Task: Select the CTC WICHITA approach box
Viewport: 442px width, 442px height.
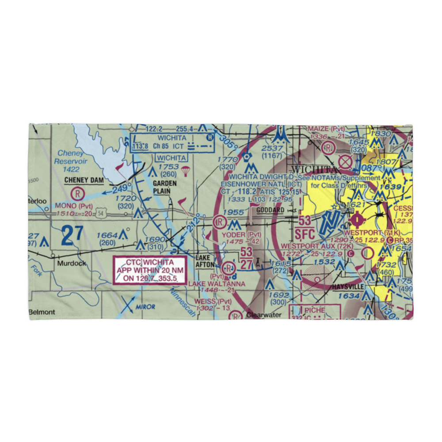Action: point(144,270)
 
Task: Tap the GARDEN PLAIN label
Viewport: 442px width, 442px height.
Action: point(165,187)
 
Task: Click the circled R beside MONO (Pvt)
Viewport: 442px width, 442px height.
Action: point(78,193)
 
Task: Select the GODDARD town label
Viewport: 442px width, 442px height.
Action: point(270,210)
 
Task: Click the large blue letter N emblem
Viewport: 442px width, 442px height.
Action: point(332,221)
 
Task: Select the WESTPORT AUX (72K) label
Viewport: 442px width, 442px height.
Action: point(317,245)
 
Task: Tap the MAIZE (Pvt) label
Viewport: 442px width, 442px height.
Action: point(326,129)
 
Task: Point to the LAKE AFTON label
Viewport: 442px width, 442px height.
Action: point(205,261)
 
